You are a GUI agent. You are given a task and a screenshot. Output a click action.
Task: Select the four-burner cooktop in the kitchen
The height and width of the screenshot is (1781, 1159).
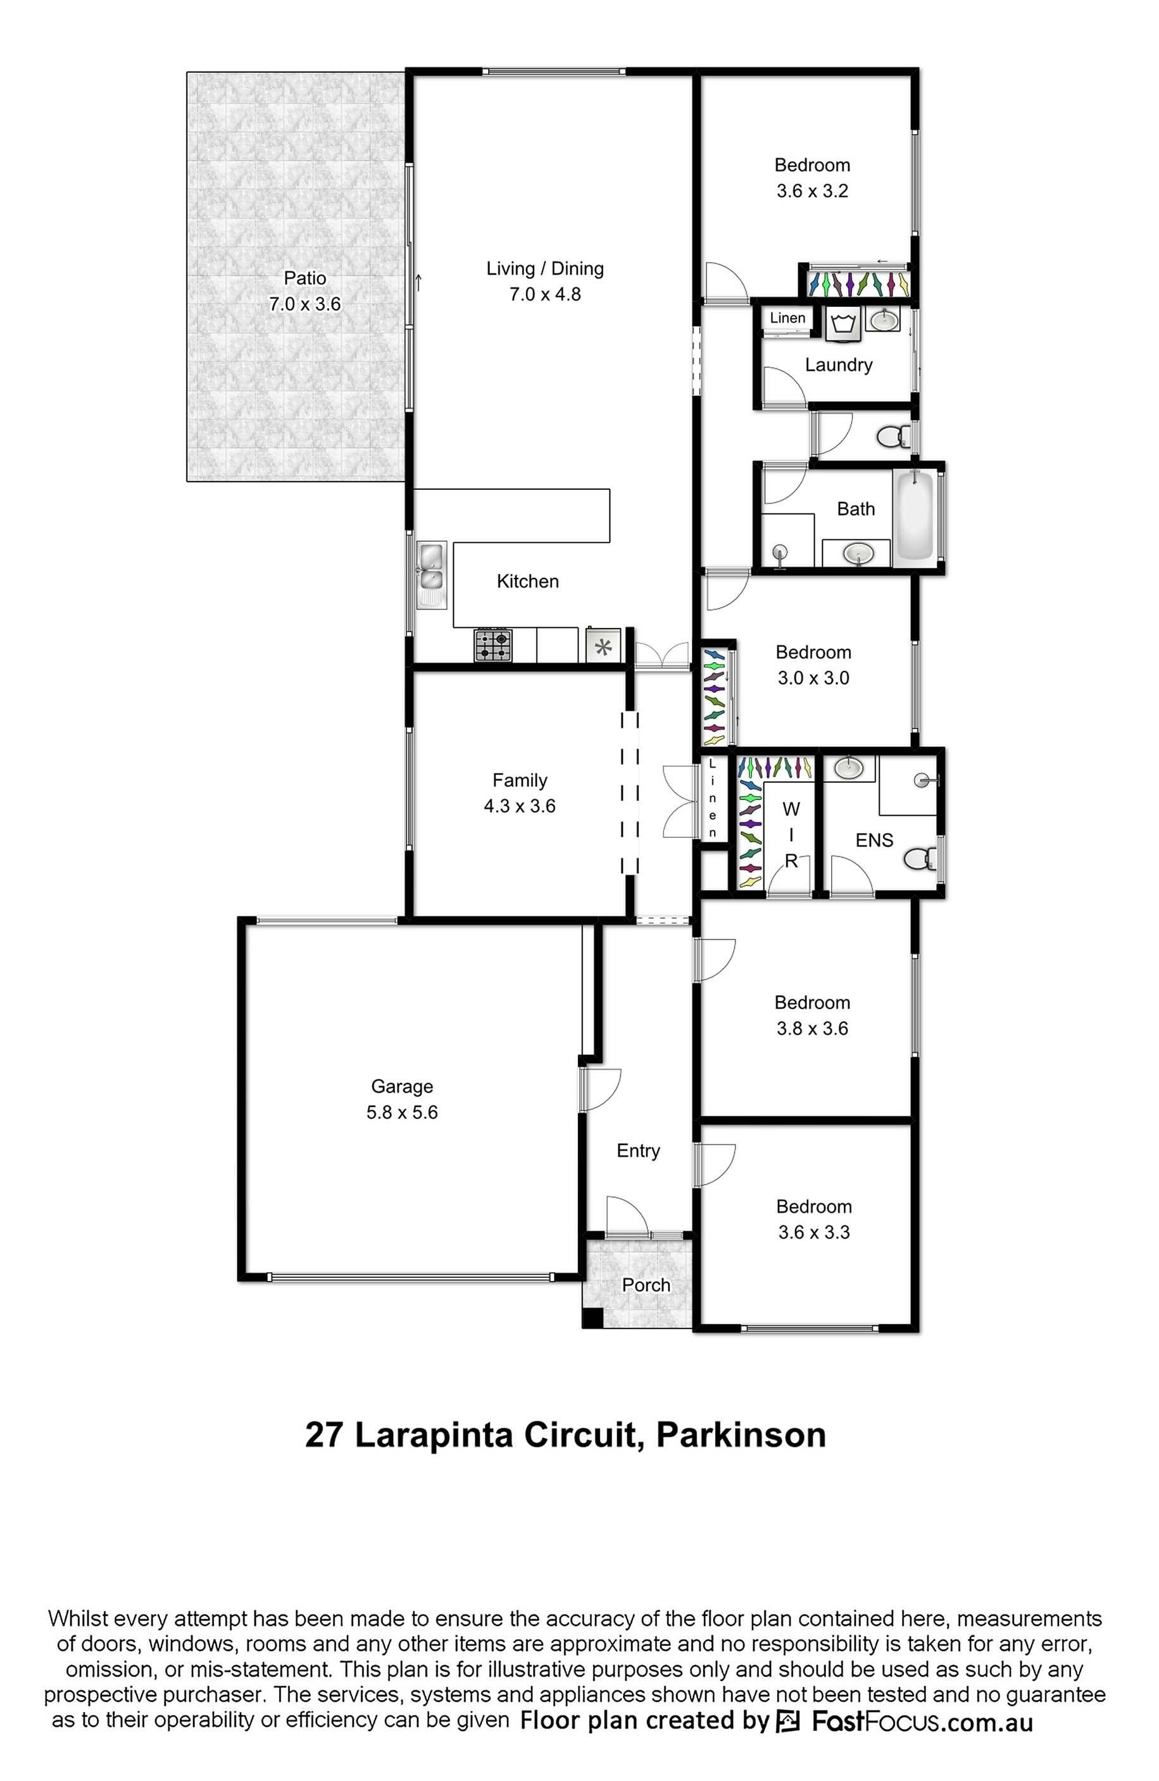493,645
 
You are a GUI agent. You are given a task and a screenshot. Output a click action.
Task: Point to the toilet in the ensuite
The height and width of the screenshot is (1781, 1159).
920,858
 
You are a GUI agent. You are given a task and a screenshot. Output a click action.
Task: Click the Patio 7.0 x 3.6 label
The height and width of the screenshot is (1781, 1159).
304,291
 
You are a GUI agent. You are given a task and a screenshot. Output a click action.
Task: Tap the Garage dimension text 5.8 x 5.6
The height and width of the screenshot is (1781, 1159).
402,1112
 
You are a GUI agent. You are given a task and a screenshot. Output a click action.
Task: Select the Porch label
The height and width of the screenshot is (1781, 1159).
646,1285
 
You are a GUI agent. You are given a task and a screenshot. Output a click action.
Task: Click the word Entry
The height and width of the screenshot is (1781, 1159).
638,1151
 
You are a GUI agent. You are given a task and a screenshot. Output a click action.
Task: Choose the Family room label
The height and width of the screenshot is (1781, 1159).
520,780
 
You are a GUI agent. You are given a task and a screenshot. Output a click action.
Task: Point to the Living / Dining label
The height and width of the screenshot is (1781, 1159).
545,268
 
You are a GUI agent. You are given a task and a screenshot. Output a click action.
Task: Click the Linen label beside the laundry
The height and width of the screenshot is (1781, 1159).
787,318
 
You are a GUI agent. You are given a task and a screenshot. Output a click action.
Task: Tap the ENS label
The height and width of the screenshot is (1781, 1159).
874,841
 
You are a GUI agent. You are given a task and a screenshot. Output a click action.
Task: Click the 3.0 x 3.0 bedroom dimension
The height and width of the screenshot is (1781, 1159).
813,678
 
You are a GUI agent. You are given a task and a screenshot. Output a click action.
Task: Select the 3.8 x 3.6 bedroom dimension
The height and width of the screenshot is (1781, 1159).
812,1028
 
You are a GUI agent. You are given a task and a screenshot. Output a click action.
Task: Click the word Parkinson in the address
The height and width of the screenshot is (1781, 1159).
741,1435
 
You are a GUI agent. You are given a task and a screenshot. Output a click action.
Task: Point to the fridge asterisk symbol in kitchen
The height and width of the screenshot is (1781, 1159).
603,645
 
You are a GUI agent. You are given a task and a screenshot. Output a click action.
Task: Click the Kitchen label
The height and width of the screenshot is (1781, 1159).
527,582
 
